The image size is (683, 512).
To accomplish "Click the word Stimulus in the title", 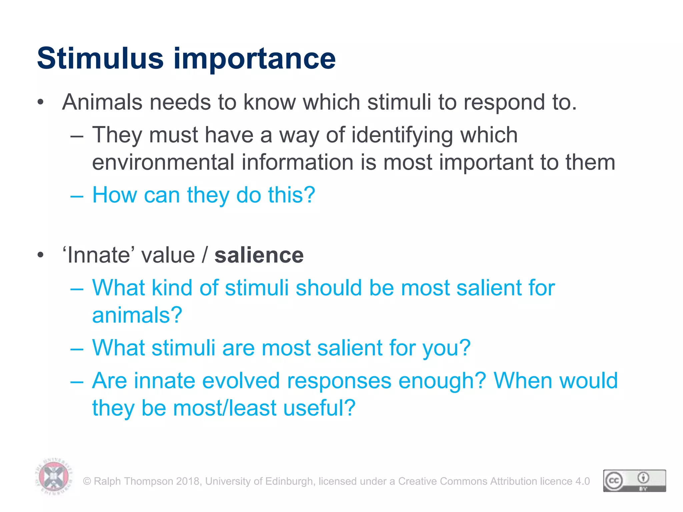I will (x=100, y=59).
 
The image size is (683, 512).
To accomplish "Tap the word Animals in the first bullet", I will (x=102, y=102).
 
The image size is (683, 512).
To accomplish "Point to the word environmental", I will (x=163, y=162).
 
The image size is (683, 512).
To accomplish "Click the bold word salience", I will (x=259, y=255).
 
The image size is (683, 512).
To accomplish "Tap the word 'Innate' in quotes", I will (x=98, y=255).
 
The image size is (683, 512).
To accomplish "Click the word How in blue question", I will (x=114, y=195).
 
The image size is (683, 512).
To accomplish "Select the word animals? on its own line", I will (x=137, y=315).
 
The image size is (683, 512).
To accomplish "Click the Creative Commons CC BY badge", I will (x=634, y=481).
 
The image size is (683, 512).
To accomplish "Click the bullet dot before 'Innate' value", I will (x=40, y=255).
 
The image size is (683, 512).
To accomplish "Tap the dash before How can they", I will (x=77, y=196).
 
